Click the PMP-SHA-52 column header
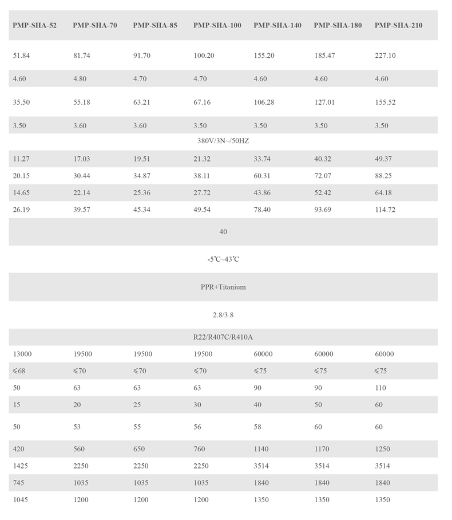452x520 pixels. (x=34, y=25)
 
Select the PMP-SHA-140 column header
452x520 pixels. (x=277, y=25)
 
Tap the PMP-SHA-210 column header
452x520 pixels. (x=399, y=25)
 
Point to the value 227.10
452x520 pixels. (x=385, y=56)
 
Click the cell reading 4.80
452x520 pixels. (x=80, y=79)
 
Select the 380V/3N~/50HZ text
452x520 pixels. (x=223, y=141)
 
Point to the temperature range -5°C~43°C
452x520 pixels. (x=223, y=259)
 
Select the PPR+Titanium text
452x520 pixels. (x=223, y=287)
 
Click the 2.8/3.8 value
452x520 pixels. (x=223, y=315)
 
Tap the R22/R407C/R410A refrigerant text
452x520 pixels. (x=223, y=337)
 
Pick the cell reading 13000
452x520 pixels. (x=22, y=354)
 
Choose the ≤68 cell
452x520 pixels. (x=19, y=371)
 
